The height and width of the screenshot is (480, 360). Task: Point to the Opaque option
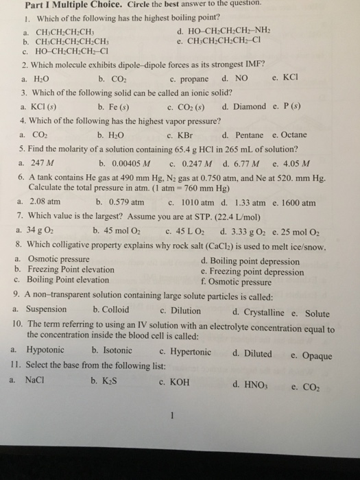point(316,355)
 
